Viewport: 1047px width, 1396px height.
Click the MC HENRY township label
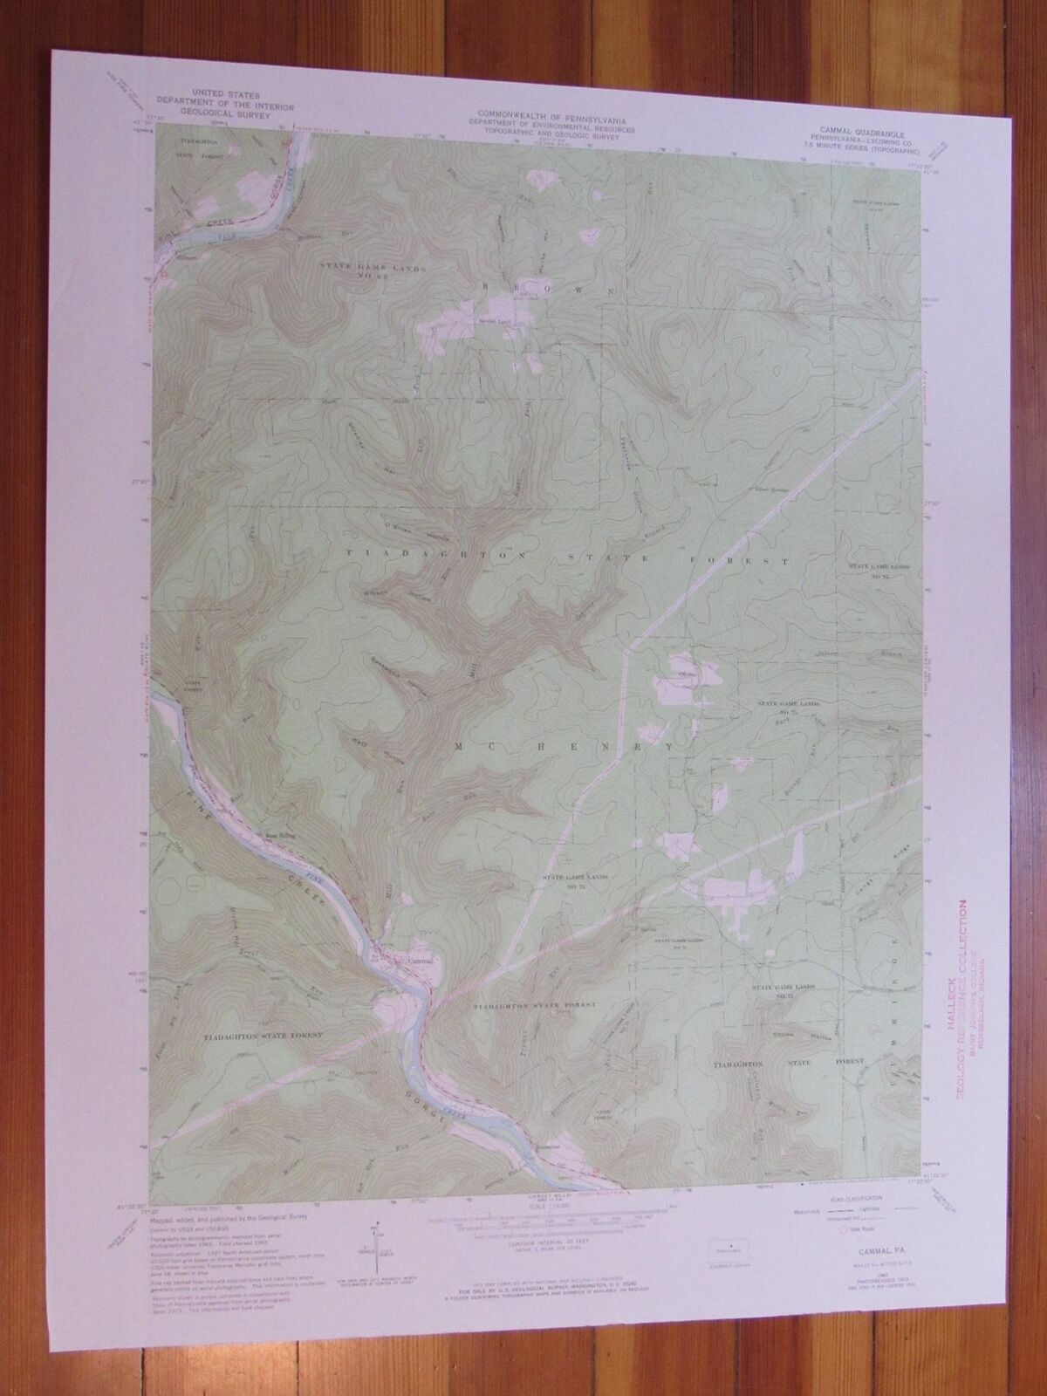[x=564, y=748]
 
